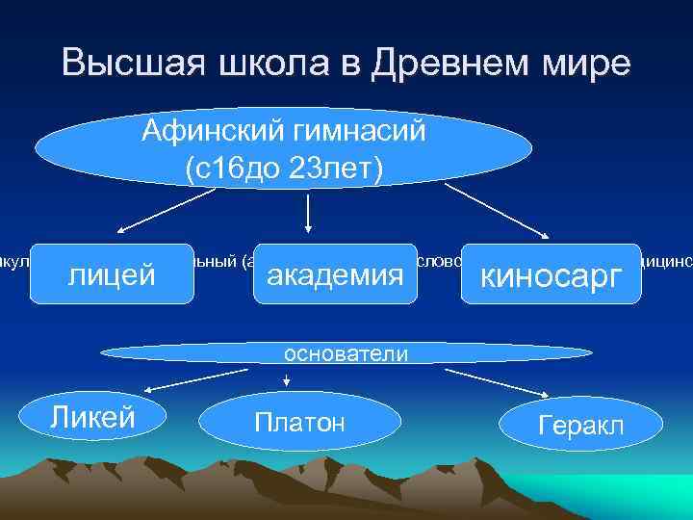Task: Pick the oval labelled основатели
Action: pos(346,353)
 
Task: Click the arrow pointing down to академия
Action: pos(307,214)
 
